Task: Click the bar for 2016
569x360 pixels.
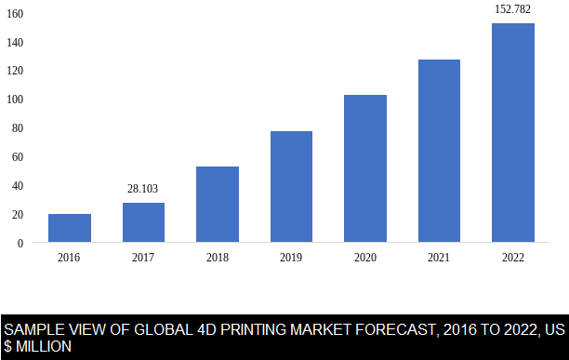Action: pos(70,228)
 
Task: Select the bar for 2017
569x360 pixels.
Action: pos(143,222)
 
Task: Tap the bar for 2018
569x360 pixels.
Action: pos(218,205)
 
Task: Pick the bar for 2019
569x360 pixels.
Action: pos(291,187)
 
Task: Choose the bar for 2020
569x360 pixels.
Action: pos(365,168)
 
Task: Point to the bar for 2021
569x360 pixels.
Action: pos(439,151)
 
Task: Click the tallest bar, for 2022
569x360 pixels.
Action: pos(513,133)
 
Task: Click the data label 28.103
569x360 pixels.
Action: pos(143,189)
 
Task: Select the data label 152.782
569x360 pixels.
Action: pos(513,9)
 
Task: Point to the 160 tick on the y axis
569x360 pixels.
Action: pos(15,14)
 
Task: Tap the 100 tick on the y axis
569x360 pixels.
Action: pos(15,100)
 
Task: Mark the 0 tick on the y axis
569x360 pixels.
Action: pos(20,243)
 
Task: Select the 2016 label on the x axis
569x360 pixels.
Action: pos(70,258)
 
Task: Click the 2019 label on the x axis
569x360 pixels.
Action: pos(291,258)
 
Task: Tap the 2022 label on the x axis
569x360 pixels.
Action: pos(513,258)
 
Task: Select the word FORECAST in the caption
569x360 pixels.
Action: pos(389,330)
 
